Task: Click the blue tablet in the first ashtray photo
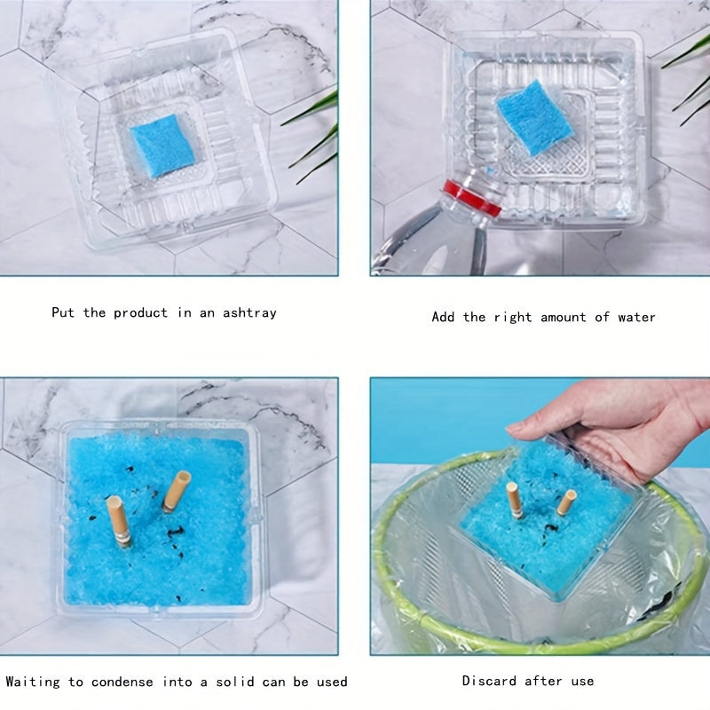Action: [x=162, y=146]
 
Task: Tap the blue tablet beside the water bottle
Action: [x=535, y=117]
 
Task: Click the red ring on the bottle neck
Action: [x=472, y=197]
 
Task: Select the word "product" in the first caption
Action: [x=140, y=313]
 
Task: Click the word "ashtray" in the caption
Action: [x=249, y=313]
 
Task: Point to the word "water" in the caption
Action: [x=636, y=317]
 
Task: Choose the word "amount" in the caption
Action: [x=564, y=317]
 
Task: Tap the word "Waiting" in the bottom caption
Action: [x=33, y=682]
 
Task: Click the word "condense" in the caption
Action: [x=122, y=682]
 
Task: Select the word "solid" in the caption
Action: [x=235, y=682]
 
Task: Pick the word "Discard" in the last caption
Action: [x=489, y=681]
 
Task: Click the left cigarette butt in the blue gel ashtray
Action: [x=120, y=521]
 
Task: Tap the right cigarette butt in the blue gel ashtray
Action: [x=177, y=492]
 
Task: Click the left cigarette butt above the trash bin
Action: [x=515, y=500]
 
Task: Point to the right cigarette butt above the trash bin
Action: [x=566, y=502]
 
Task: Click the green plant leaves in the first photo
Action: [x=313, y=136]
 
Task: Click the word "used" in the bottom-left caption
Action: [x=332, y=682]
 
